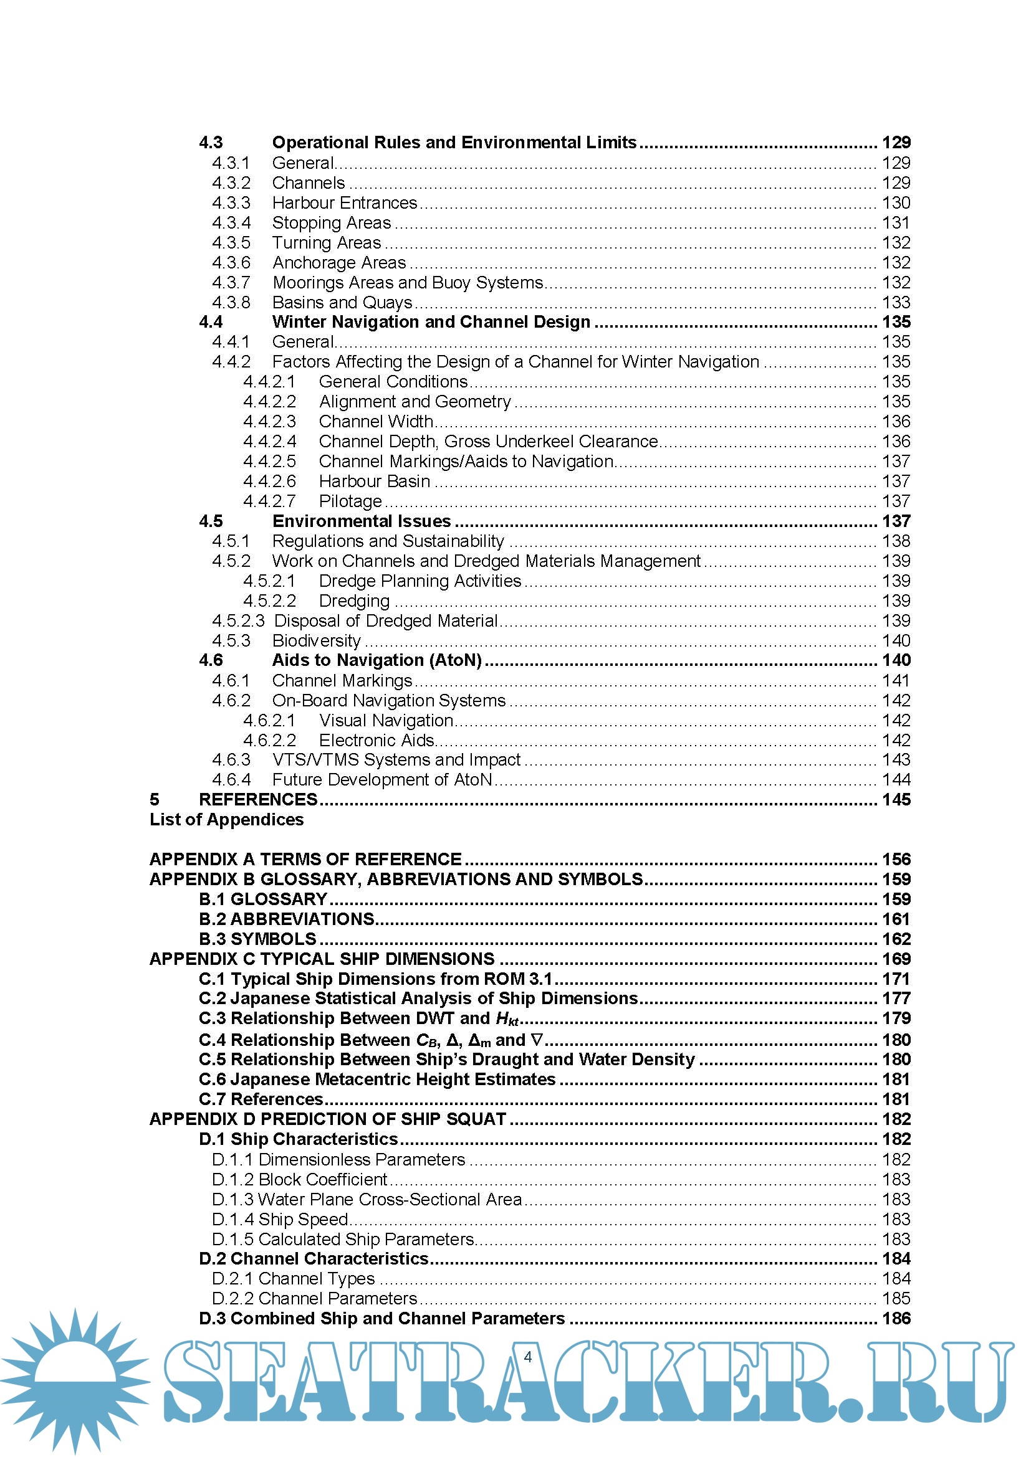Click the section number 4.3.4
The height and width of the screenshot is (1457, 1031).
231,223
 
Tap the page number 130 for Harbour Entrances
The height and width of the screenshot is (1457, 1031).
896,202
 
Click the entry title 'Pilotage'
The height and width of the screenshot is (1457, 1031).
350,501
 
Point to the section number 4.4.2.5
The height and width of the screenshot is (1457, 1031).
269,462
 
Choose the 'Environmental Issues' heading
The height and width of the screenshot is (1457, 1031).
362,521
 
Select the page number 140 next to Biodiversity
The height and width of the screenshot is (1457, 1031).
896,640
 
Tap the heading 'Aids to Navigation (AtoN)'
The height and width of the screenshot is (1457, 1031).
376,660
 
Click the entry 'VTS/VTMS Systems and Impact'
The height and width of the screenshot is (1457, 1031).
396,759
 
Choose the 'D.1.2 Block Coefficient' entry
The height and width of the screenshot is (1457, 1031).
299,1179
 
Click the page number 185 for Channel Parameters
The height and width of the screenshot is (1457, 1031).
896,1298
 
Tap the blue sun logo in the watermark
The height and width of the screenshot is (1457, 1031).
75,1379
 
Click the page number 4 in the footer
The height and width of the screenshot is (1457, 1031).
527,1357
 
